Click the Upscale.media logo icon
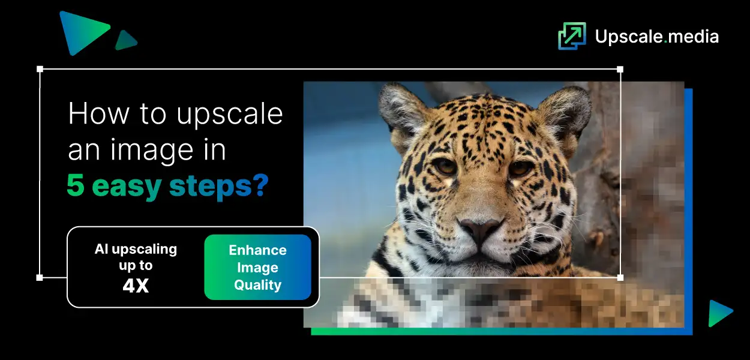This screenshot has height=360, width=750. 571,36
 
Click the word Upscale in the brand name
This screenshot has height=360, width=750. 628,37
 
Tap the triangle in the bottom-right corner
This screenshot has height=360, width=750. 719,313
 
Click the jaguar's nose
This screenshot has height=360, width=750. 480,228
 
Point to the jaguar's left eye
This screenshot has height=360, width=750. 445,166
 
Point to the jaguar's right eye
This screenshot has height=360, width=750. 520,169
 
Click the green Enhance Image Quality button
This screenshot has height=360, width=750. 257,267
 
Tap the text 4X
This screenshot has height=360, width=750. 136,286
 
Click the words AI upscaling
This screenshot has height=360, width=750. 136,249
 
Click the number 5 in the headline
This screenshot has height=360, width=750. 76,186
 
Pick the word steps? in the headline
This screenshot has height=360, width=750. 218,187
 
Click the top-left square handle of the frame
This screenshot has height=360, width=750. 40,69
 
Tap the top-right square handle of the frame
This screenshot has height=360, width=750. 620,69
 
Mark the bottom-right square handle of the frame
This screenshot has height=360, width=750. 620,277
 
